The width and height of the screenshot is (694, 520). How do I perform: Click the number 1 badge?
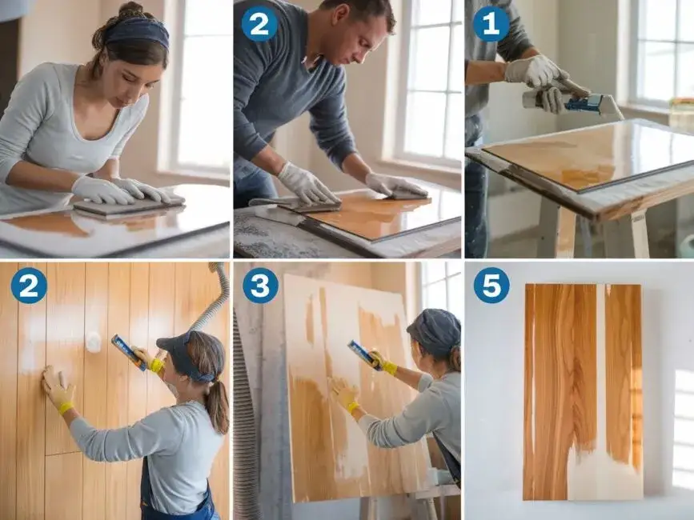tap(491, 24)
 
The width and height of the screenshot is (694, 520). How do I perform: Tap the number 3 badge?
tap(260, 286)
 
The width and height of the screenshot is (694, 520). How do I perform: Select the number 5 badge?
tap(491, 286)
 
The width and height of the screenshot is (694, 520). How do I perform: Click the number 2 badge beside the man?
tap(259, 24)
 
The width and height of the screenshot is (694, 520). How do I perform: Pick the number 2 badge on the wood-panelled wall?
tap(29, 286)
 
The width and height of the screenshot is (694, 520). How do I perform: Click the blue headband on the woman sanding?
tap(138, 32)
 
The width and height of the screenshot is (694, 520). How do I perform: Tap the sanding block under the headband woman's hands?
tap(128, 206)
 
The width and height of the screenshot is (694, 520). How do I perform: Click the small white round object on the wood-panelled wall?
tap(94, 342)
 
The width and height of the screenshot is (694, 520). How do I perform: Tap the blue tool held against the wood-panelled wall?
tap(129, 352)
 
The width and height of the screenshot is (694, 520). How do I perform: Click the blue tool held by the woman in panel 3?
tap(365, 355)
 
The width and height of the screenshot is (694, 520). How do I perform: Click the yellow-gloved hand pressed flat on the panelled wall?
tap(58, 389)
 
